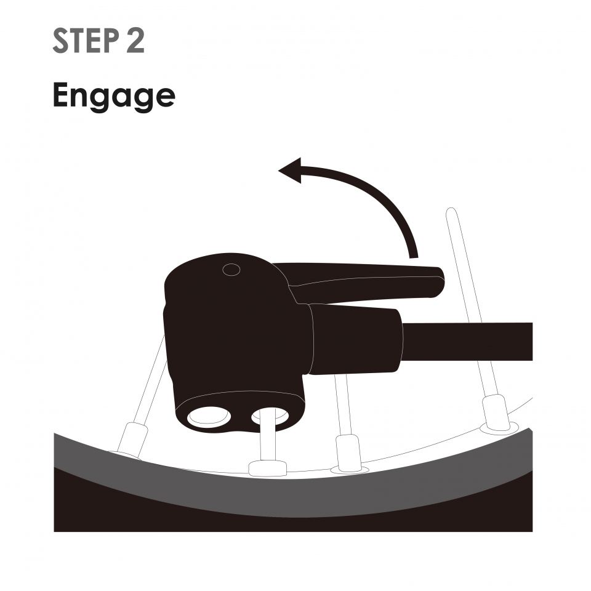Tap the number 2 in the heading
coord(135,41)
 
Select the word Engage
coord(114,97)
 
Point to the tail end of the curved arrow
coord(414,257)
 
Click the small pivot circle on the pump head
coord(231,270)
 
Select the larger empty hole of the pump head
coord(209,416)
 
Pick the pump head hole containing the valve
coord(270,416)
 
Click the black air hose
coord(467,342)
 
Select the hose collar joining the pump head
coord(355,339)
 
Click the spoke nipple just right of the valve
coord(347,452)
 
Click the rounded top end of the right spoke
coord(451,211)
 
